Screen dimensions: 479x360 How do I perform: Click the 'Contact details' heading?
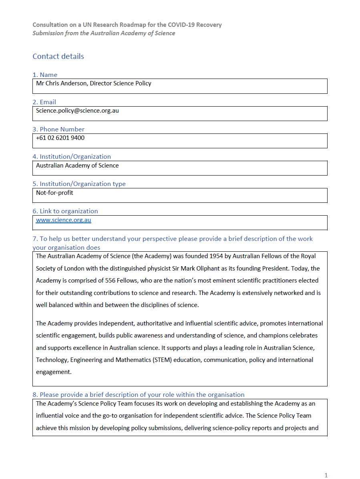[x=58, y=57]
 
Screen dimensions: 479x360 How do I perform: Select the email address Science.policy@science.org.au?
[x=77, y=111]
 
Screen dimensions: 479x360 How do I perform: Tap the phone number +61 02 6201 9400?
[x=60, y=138]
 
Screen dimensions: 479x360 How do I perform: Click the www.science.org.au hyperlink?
[x=63, y=220]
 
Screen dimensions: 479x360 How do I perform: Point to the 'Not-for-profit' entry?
[x=54, y=193]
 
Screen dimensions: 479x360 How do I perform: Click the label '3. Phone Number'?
[x=58, y=129]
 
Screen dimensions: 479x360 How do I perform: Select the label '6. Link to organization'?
[x=65, y=211]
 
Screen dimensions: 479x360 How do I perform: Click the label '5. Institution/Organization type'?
[x=79, y=184]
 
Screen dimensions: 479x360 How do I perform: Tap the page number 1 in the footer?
[x=326, y=475]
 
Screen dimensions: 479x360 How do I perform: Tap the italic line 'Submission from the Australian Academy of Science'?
[x=104, y=33]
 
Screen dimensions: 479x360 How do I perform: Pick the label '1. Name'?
[x=45, y=75]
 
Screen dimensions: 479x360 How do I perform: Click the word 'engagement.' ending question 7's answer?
[x=54, y=372]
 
